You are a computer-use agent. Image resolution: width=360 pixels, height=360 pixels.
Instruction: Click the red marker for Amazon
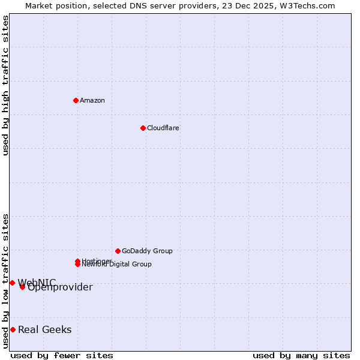pos(76,100)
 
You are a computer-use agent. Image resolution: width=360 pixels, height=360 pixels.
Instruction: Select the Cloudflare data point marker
pos(143,128)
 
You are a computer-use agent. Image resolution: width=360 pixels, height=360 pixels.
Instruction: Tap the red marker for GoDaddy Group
pos(118,251)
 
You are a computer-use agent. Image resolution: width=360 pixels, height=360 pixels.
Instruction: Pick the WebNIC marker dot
pos(12,283)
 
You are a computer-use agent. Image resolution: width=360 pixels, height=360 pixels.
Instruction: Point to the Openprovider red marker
pos(22,287)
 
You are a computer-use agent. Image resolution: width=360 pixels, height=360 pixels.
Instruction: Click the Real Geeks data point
pos(13,329)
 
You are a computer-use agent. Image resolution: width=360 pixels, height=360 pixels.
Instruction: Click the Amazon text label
pos(92,100)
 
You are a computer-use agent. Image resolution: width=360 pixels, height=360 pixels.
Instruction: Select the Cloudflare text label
pos(163,128)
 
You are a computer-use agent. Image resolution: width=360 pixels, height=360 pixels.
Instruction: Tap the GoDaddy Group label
pos(147,251)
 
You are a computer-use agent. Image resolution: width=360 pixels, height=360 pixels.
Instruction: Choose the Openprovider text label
pos(60,287)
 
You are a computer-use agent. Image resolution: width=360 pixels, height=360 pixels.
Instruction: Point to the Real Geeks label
pos(44,329)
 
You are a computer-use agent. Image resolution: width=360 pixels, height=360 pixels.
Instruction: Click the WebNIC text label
pos(37,283)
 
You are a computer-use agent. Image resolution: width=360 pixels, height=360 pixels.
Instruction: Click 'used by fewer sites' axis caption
pos(62,355)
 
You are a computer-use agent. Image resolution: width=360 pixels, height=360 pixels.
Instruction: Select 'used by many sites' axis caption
pos(301,355)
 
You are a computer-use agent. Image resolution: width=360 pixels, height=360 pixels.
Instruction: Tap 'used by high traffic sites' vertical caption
pos(6,85)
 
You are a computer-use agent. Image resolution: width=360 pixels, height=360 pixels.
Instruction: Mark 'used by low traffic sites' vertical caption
pos(6,281)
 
